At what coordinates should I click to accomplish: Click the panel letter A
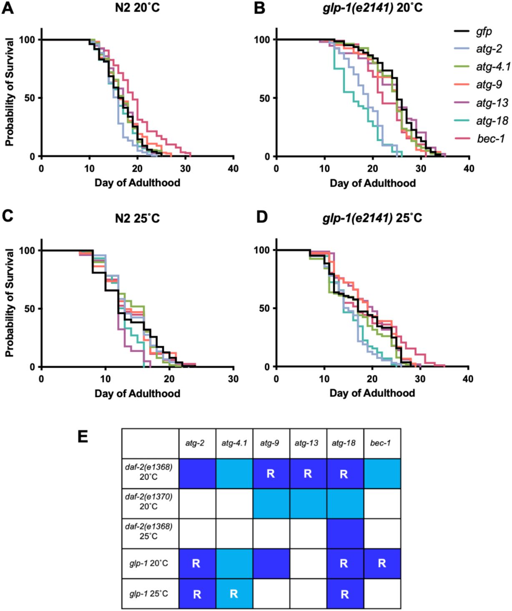[8, 8]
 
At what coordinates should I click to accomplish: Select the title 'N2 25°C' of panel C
[137, 218]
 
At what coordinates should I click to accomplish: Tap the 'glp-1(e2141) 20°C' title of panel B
[372, 8]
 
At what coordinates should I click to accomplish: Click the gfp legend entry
[484, 31]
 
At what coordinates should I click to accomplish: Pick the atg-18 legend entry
[492, 121]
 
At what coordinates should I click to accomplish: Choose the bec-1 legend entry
[491, 139]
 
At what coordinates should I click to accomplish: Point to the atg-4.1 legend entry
[493, 67]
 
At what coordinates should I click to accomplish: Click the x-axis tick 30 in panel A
[185, 169]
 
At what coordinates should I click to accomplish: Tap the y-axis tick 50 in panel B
[265, 98]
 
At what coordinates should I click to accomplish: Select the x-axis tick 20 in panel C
[169, 379]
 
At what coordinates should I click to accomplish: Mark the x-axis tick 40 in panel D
[468, 379]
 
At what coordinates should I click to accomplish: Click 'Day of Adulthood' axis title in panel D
[372, 393]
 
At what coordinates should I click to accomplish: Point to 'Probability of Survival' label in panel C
[9, 303]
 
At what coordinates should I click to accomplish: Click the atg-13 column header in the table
[306, 443]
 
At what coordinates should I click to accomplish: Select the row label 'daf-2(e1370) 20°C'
[149, 501]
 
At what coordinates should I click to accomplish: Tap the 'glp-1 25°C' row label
[149, 593]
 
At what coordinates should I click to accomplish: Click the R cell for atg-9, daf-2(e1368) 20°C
[271, 474]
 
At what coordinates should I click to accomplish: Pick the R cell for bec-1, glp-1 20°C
[381, 563]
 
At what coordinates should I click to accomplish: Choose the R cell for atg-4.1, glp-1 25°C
[234, 593]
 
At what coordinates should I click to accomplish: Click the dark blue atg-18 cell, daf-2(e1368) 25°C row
[345, 533]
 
